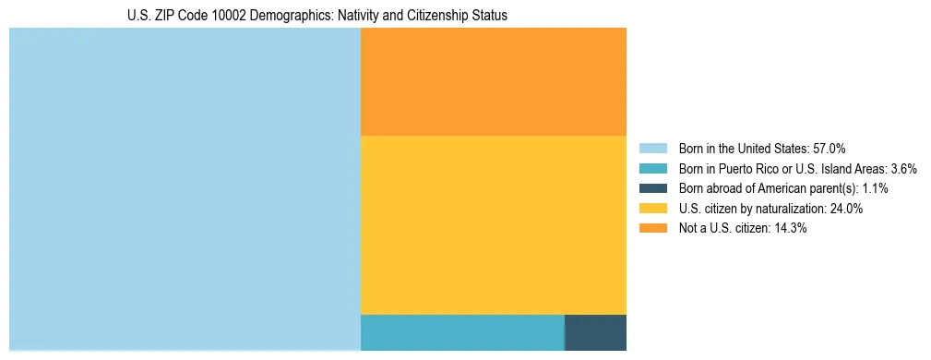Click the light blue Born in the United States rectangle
click(185, 189)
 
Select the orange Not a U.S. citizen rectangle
click(493, 81)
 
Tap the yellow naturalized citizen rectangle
click(493, 224)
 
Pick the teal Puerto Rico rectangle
click(461, 332)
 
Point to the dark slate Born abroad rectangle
click(595, 332)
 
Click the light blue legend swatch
click(652, 149)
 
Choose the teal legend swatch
click(652, 169)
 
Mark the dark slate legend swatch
click(652, 188)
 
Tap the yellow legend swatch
click(652, 209)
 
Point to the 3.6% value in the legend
click(903, 169)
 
